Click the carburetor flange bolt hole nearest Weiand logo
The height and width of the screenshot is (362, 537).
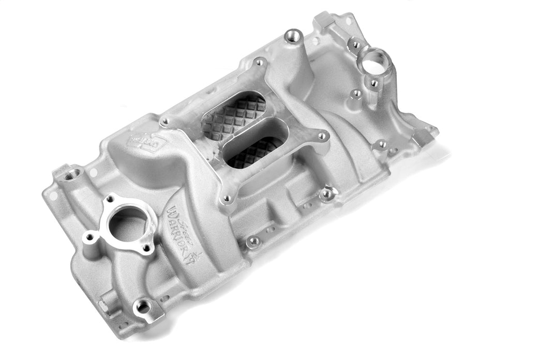pyautogui.click(x=165, y=123)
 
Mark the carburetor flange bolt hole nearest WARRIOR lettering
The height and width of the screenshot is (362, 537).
pyautogui.click(x=227, y=198)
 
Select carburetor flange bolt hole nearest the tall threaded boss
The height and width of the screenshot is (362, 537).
pyautogui.click(x=259, y=63)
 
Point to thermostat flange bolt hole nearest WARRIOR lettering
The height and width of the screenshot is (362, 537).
pyautogui.click(x=148, y=249)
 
